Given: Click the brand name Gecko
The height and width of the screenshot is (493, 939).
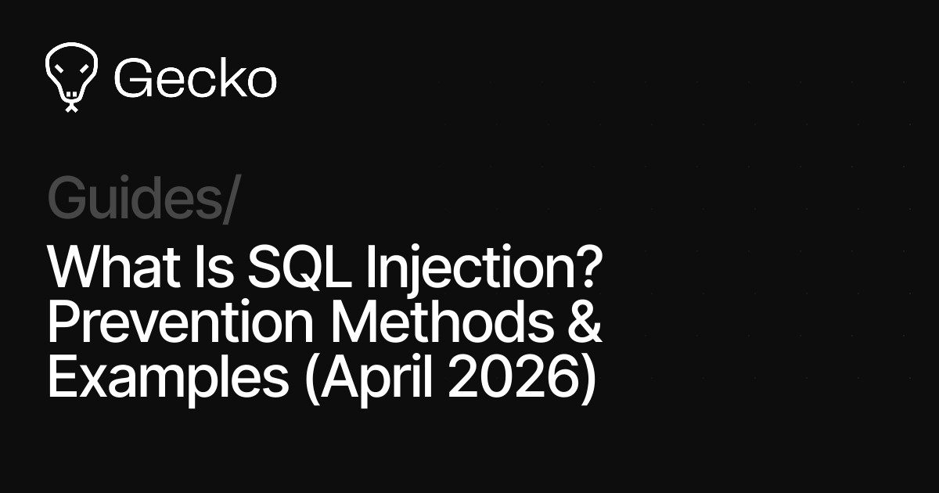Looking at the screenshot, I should click(x=195, y=78).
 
